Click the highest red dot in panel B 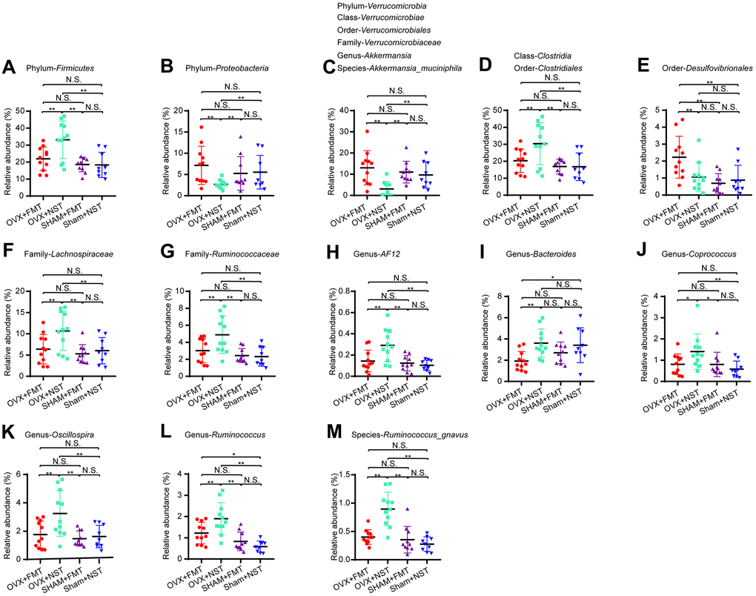point(201,128)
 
